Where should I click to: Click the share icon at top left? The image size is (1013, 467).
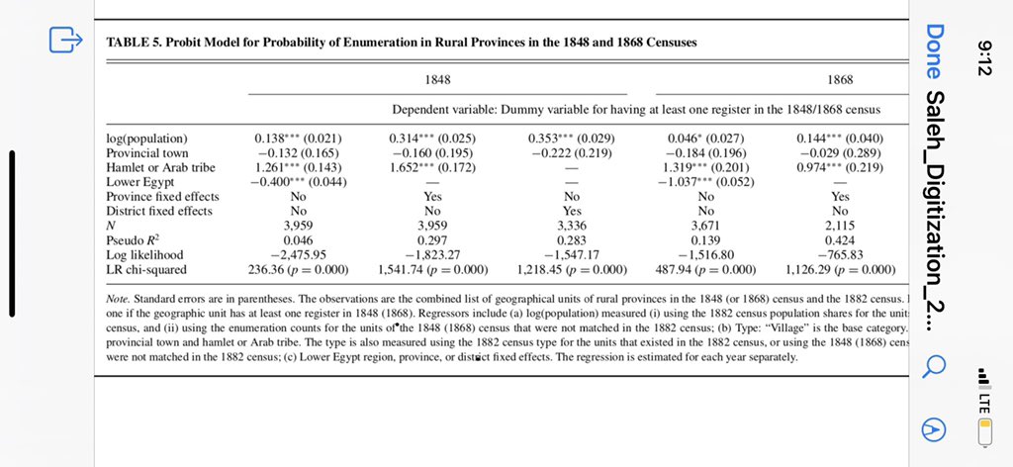click(65, 41)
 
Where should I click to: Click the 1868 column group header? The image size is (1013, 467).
click(838, 79)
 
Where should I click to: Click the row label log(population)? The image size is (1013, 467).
click(146, 138)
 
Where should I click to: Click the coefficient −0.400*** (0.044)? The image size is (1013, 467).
click(296, 181)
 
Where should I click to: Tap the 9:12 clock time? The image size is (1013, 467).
click(984, 52)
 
